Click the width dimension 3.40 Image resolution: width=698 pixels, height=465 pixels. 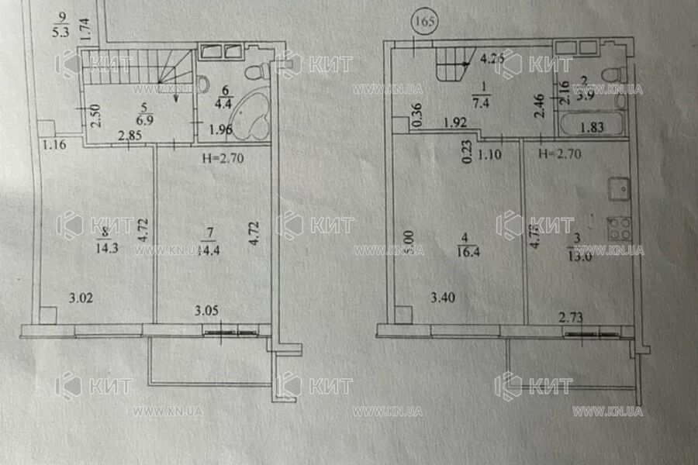[444, 295]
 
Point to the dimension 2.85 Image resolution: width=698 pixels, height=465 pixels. [130, 137]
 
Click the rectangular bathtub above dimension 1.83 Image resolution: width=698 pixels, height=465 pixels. [593, 124]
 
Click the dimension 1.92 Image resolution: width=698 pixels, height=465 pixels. [455, 122]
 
